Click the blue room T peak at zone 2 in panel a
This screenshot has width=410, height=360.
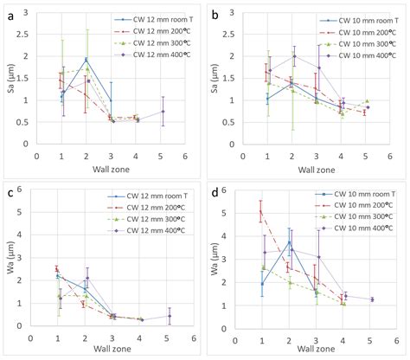[x=86, y=60]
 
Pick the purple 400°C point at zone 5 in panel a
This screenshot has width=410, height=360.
[x=162, y=111]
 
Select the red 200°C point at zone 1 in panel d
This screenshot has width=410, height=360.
[x=261, y=212]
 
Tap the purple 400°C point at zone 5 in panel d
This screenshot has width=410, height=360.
[x=371, y=299]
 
